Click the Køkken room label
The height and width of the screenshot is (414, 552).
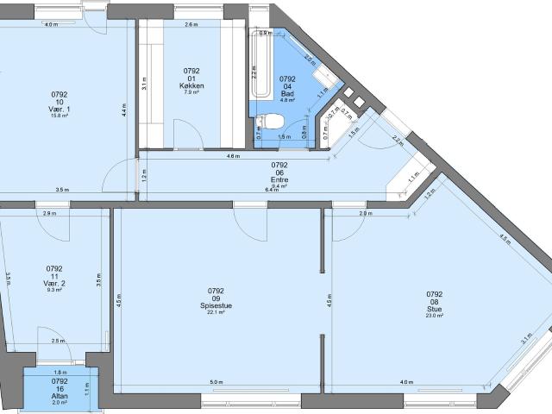pyautogui.click(x=191, y=85)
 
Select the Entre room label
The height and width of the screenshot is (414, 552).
pyautogui.click(x=279, y=179)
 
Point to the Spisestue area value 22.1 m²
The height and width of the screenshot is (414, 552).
pyautogui.click(x=216, y=312)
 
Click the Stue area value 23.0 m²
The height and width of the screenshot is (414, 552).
pyautogui.click(x=434, y=316)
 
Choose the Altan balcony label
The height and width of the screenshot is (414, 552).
pyautogui.click(x=60, y=395)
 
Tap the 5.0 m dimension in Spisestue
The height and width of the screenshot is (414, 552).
pyautogui.click(x=216, y=382)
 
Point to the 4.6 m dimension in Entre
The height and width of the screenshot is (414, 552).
pyautogui.click(x=233, y=157)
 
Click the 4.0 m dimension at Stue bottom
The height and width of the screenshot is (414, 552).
pyautogui.click(x=405, y=382)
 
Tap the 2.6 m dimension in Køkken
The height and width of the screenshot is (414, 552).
pyautogui.click(x=191, y=25)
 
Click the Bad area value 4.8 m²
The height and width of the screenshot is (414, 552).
pyautogui.click(x=289, y=100)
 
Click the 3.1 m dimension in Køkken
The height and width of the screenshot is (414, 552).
pyautogui.click(x=146, y=85)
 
